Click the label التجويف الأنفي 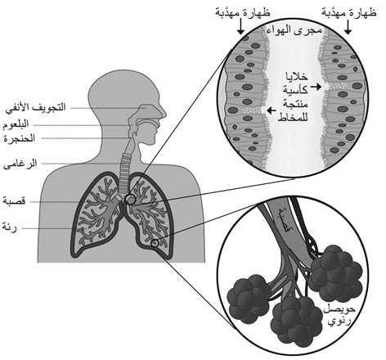[x=36, y=107]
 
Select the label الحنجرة [x=20, y=138]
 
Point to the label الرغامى [x=20, y=164]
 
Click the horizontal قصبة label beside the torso [x=14, y=201]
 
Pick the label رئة [x=10, y=227]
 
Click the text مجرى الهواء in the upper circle [x=294, y=29]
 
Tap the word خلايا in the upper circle [x=296, y=77]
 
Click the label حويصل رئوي [x=339, y=315]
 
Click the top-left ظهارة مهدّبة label [x=242, y=12]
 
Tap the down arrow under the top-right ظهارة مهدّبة [x=348, y=27]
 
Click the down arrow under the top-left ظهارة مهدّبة [x=240, y=27]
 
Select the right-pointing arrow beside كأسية [x=316, y=88]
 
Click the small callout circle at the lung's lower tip [x=155, y=243]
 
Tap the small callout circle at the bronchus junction [x=130, y=199]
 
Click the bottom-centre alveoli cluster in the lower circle [x=297, y=317]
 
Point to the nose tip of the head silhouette [x=165, y=115]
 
